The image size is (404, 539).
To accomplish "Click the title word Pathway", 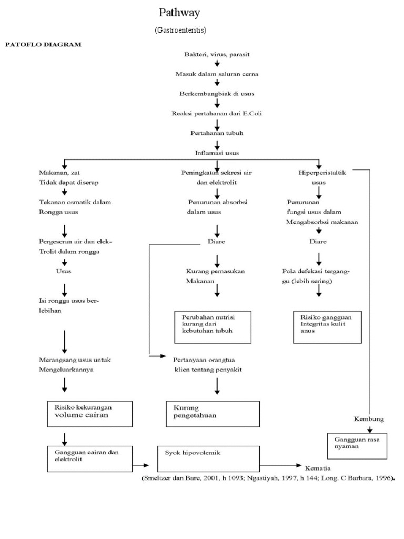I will click(x=180, y=13).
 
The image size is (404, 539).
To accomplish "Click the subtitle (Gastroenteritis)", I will click(x=180, y=31).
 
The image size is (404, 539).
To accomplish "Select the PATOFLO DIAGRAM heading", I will click(x=44, y=45).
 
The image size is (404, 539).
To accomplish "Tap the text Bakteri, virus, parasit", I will click(x=216, y=54).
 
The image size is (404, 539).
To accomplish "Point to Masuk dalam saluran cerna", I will click(x=216, y=74).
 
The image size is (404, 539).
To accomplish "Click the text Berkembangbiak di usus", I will click(x=216, y=93).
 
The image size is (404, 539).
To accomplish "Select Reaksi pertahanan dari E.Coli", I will click(x=216, y=113).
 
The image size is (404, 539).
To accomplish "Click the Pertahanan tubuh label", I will click(x=216, y=133).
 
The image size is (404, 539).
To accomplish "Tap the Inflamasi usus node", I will click(x=216, y=153).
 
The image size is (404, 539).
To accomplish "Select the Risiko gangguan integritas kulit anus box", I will click(x=327, y=326).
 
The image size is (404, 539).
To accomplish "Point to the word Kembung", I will click(x=369, y=419).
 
